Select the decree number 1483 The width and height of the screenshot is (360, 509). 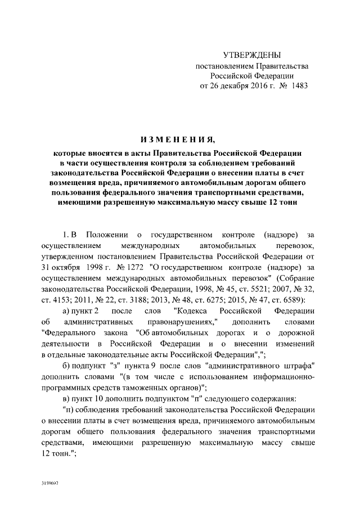298,87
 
